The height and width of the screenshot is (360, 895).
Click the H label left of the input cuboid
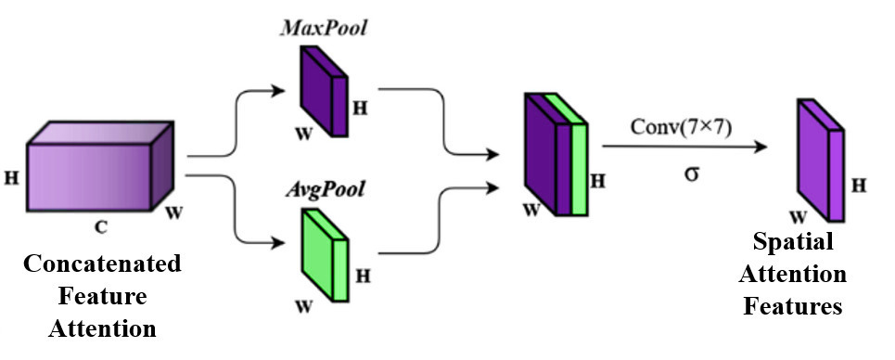[x=12, y=175]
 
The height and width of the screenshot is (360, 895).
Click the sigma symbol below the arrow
[x=690, y=173]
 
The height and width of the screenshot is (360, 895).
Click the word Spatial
[x=795, y=242]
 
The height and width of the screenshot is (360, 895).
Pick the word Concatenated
[x=101, y=264]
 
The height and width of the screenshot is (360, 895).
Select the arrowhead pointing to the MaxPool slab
[x=278, y=90]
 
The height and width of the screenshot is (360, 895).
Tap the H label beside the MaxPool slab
[x=360, y=108]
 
